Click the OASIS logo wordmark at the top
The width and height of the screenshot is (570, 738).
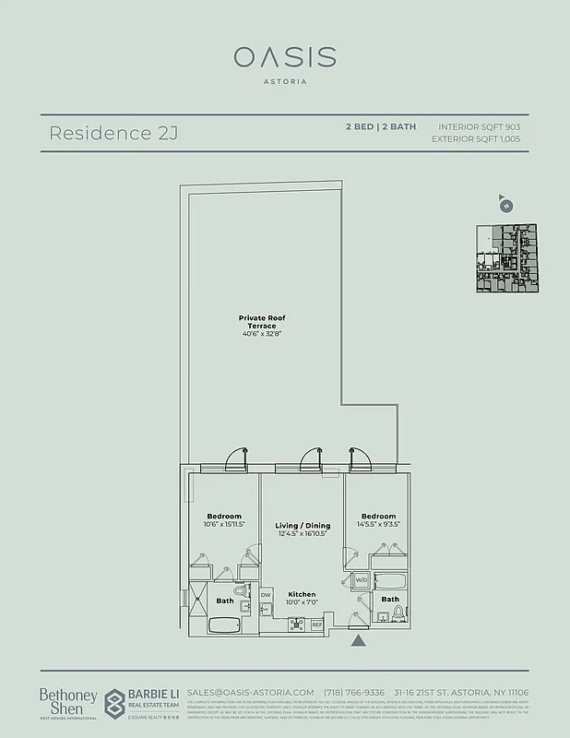(284, 57)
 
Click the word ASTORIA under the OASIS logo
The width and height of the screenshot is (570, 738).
(284, 81)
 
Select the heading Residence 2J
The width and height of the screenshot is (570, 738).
(113, 133)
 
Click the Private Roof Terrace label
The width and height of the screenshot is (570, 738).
(263, 324)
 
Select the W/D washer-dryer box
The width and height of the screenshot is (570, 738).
(361, 581)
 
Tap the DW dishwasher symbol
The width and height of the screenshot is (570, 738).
(266, 596)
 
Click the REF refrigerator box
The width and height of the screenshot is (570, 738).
(316, 625)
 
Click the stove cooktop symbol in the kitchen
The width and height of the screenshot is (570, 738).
(297, 625)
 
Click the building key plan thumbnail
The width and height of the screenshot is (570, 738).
(506, 259)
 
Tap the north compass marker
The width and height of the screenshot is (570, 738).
(505, 205)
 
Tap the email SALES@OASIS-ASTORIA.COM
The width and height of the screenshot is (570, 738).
(251, 693)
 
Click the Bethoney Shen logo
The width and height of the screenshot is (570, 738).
(62, 700)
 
